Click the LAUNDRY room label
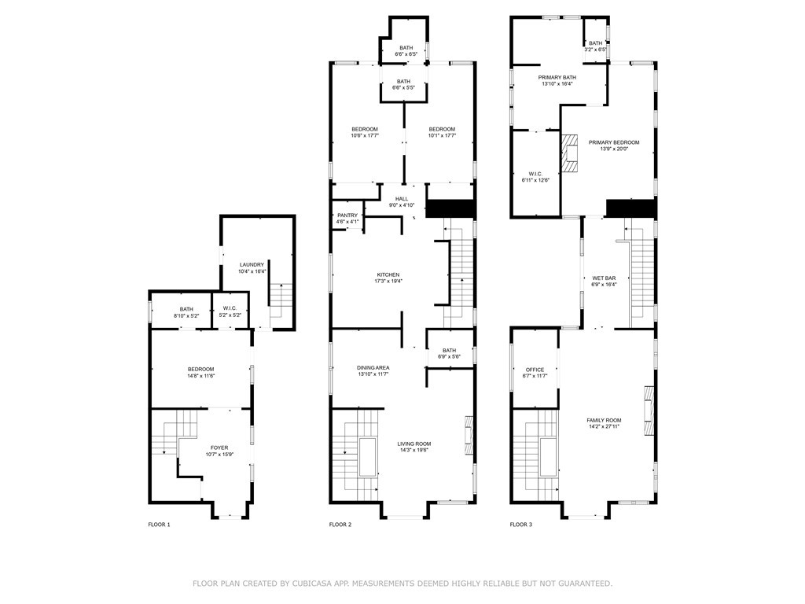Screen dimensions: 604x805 (x=252, y=264)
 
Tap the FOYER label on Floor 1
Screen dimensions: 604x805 (x=219, y=447)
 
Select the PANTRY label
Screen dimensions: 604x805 (x=347, y=215)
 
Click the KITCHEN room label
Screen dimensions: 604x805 (x=388, y=274)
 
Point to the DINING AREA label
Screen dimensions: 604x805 (x=373, y=367)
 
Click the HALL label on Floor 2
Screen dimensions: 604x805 (x=402, y=199)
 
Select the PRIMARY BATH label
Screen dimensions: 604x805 (x=557, y=77)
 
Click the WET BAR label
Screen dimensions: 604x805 (x=604, y=278)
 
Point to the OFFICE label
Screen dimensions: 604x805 (x=535, y=370)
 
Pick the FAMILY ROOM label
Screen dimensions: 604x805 (x=604, y=420)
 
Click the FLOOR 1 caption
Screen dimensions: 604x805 (x=159, y=525)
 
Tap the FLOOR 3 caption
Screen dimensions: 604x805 (x=520, y=525)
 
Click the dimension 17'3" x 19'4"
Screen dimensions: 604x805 (x=388, y=282)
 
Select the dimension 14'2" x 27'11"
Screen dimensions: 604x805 (x=604, y=427)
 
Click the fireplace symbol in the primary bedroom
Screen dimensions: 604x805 (x=569, y=153)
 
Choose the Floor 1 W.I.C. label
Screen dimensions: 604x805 (x=230, y=309)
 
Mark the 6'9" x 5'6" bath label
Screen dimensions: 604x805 (x=449, y=357)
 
